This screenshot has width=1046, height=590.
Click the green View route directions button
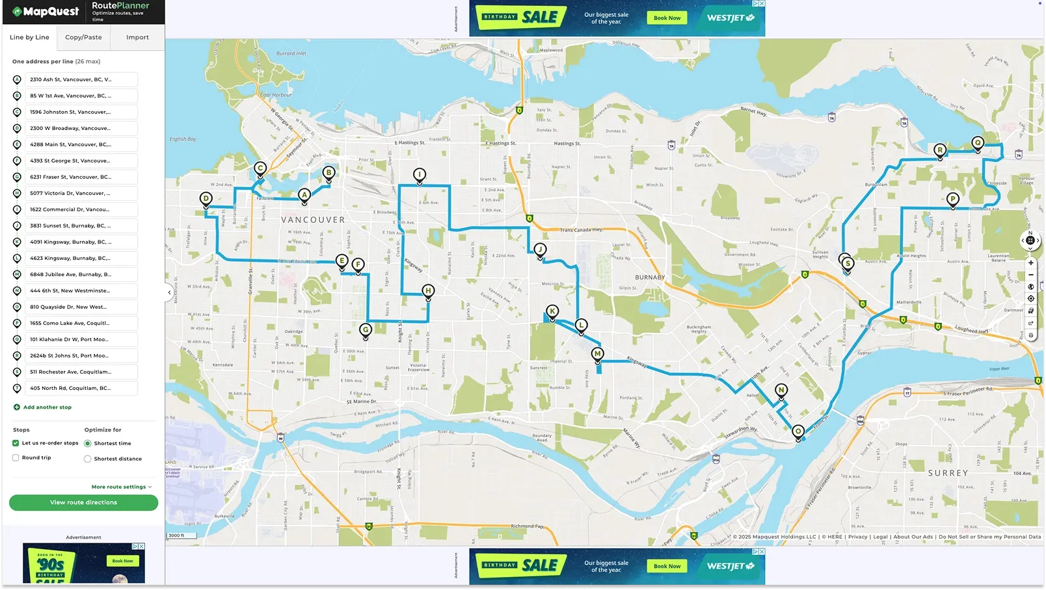[x=83, y=502]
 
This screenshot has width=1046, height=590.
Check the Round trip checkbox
[x=16, y=457]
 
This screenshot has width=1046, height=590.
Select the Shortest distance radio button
[x=88, y=459]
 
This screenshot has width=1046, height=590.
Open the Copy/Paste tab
[x=83, y=37]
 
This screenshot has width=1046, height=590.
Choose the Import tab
[x=137, y=37]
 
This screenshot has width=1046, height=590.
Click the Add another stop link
[x=47, y=407]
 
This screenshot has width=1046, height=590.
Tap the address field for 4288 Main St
[x=81, y=144]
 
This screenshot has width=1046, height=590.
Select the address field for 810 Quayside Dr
[x=81, y=307]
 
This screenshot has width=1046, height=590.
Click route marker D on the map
[x=206, y=199]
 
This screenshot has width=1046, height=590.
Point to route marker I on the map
[x=420, y=174]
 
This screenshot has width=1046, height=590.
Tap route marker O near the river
[x=798, y=431]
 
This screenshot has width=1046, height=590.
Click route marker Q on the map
[x=978, y=143]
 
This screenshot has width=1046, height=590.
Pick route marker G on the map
[x=366, y=329]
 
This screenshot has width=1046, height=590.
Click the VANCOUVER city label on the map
[x=313, y=220]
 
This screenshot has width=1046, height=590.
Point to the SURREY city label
[x=948, y=473]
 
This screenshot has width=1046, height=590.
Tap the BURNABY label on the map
[x=650, y=277]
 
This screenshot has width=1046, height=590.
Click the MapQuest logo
[x=46, y=12]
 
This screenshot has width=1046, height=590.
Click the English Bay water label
[x=183, y=139]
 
